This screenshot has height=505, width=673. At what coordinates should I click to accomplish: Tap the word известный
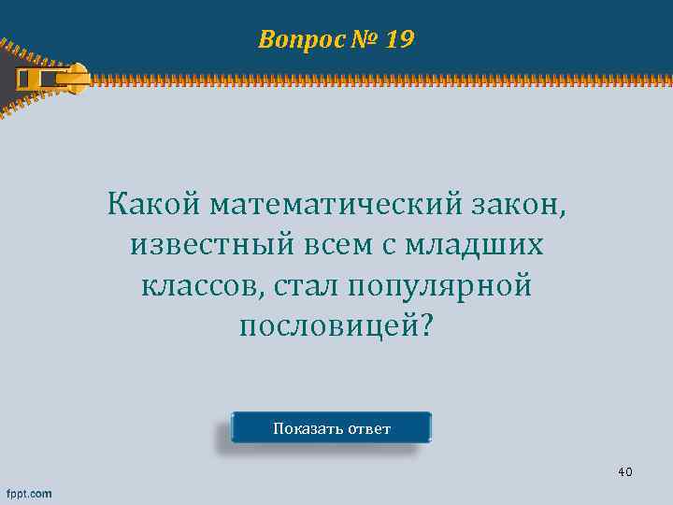click(210, 244)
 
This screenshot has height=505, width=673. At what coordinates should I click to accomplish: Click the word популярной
click(439, 285)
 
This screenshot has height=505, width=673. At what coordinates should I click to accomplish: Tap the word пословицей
click(329, 326)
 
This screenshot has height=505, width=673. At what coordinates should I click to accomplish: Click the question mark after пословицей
click(428, 326)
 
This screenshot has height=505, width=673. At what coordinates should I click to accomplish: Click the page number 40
click(624, 471)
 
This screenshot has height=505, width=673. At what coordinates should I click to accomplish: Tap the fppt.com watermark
click(30, 493)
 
